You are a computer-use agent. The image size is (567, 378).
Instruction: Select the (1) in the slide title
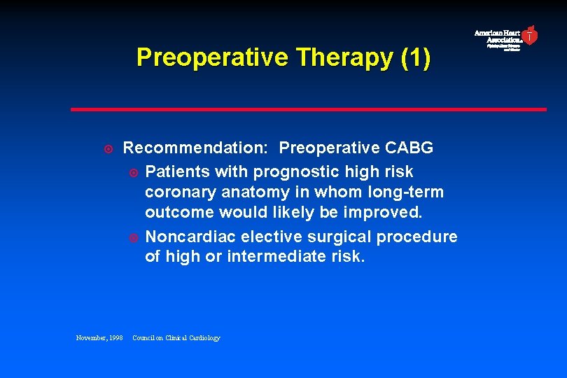coord(416,57)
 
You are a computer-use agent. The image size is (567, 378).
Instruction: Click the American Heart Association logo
coord(505,38)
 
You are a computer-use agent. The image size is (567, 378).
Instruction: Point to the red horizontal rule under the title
coord(308,109)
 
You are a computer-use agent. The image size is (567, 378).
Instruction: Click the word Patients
coord(178,171)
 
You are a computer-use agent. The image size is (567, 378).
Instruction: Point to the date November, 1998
coord(99,338)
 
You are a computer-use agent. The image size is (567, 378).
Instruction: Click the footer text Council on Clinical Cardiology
coord(176,338)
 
